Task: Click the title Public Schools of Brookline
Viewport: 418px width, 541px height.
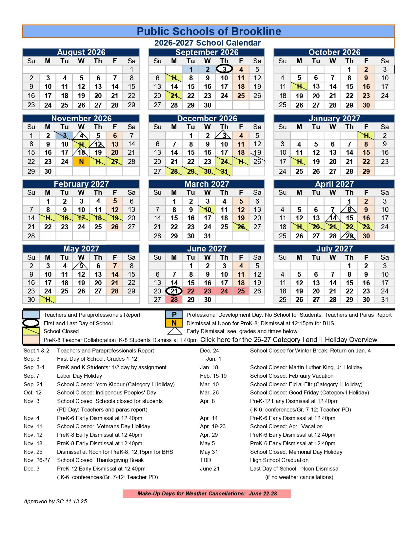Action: tap(209, 31)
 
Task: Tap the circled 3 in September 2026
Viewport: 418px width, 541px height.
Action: tap(224, 69)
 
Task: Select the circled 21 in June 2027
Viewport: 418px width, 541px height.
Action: tap(174, 291)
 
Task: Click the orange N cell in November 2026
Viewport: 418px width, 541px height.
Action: tap(81, 162)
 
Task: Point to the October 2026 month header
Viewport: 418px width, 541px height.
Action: tap(334, 52)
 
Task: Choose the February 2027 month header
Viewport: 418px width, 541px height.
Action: tap(81, 184)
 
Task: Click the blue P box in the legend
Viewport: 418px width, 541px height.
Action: tap(174, 315)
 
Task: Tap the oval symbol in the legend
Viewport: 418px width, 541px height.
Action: tap(30, 323)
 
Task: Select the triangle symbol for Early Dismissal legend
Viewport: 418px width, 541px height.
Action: tap(174, 331)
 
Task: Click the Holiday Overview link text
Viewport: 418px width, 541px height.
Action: tap(289, 340)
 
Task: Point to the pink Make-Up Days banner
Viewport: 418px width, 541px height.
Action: tap(207, 493)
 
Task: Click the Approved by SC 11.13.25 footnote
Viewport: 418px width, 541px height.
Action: tap(55, 501)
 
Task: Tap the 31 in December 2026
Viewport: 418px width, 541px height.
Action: tap(224, 171)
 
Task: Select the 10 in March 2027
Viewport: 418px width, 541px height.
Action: tap(208, 210)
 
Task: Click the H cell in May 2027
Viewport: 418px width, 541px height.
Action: tap(48, 299)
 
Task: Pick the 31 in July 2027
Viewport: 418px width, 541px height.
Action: tap(385, 299)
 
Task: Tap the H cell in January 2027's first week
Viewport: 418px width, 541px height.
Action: tap(366, 135)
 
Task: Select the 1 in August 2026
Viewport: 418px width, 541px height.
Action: tap(131, 69)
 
